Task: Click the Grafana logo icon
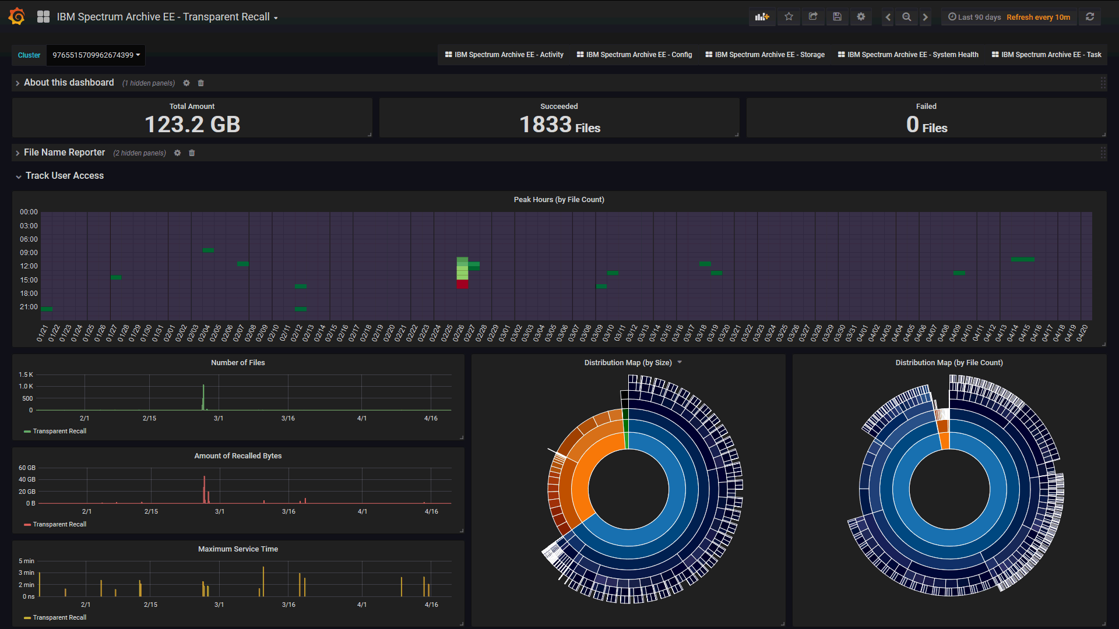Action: pyautogui.click(x=17, y=17)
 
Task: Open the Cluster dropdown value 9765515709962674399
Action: pyautogui.click(x=96, y=55)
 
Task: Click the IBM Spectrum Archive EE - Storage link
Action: pyautogui.click(x=765, y=55)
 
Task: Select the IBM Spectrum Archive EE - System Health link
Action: pyautogui.click(x=908, y=55)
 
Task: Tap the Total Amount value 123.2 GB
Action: pyautogui.click(x=192, y=125)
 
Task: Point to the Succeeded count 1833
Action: pyautogui.click(x=546, y=125)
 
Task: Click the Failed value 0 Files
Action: pyautogui.click(x=926, y=125)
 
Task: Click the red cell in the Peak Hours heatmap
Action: pyautogui.click(x=462, y=284)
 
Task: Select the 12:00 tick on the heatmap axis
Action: pyautogui.click(x=29, y=266)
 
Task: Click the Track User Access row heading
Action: pyautogui.click(x=64, y=176)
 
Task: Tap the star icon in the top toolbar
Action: pyautogui.click(x=789, y=17)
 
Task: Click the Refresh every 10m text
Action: pyautogui.click(x=1038, y=17)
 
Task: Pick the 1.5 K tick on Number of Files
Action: pyautogui.click(x=26, y=374)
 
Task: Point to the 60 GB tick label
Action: pyautogui.click(x=27, y=468)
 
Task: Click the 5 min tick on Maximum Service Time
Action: pyautogui.click(x=26, y=561)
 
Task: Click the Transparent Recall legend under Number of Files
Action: pyautogui.click(x=59, y=432)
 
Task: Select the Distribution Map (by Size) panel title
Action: pyautogui.click(x=628, y=363)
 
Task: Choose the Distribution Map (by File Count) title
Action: pyautogui.click(x=949, y=363)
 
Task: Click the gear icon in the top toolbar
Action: pyautogui.click(x=861, y=17)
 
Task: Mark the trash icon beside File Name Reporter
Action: pyautogui.click(x=192, y=153)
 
